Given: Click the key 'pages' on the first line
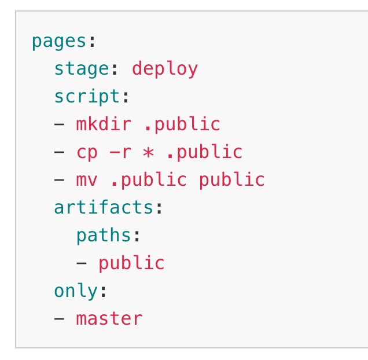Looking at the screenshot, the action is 59,42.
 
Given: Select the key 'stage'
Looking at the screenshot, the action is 82,69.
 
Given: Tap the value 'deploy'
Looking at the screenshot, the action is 165,69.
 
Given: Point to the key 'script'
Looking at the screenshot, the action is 87,97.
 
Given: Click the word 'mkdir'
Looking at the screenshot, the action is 104,123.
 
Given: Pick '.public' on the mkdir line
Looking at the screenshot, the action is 182,124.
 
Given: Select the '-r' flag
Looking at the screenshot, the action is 120,152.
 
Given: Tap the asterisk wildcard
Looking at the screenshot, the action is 148,152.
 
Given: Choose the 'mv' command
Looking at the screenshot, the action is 87,180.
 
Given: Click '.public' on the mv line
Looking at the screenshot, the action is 149,179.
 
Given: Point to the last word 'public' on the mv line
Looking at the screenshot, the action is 232,179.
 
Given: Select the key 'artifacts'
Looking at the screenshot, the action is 104,207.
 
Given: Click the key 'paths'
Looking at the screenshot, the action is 104,236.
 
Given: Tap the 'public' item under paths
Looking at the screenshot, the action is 132,263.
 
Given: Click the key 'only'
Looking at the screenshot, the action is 76,291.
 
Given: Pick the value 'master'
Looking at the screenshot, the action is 109,318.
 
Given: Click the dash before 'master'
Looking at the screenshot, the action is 59,319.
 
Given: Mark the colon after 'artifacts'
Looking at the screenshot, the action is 159,208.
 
